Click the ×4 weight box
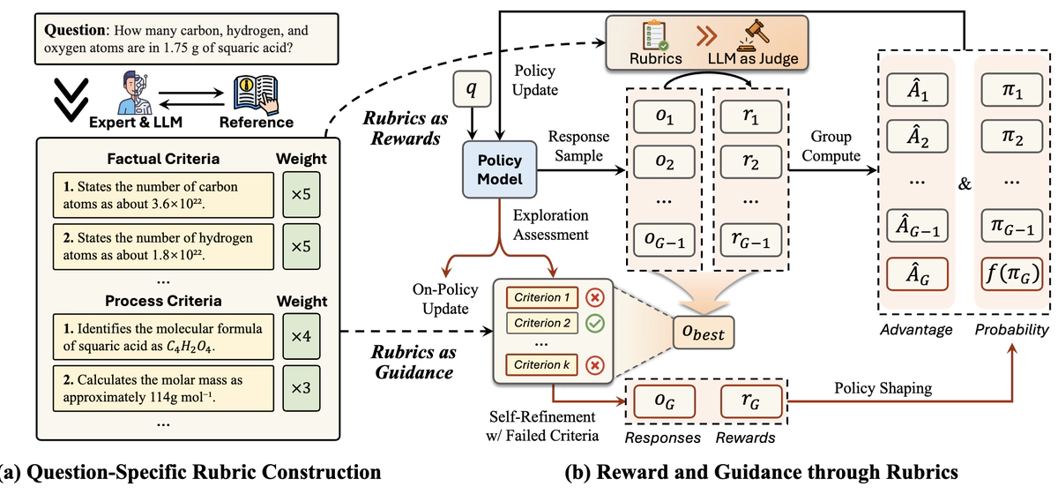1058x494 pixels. point(301,338)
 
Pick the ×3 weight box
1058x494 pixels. point(301,387)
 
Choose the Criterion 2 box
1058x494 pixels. point(537,324)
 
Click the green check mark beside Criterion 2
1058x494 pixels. point(593,324)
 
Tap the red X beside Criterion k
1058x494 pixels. point(593,364)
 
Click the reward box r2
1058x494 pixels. point(749,162)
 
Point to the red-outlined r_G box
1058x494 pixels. point(750,402)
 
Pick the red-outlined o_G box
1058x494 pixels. point(658,402)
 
